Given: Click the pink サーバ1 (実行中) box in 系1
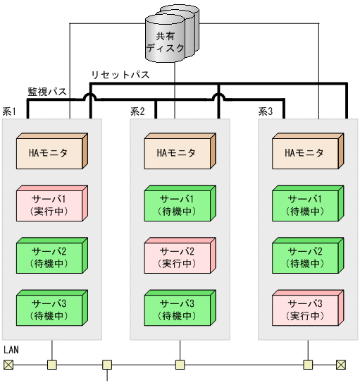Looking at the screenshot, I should pyautogui.click(x=51, y=204).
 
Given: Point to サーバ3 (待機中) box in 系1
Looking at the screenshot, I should pyautogui.click(x=51, y=308).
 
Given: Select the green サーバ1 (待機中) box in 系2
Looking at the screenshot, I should pyautogui.click(x=179, y=204).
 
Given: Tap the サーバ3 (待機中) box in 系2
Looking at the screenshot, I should pyautogui.click(x=179, y=308).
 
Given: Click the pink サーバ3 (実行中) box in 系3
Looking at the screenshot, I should pyautogui.click(x=306, y=308).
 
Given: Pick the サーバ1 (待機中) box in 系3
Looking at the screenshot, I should pyautogui.click(x=306, y=204).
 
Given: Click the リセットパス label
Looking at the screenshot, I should pyautogui.click(x=120, y=75).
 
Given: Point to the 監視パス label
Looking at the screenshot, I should pyautogui.click(x=47, y=92).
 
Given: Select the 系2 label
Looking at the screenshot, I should pyautogui.click(x=137, y=111).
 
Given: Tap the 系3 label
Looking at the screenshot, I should pyautogui.click(x=265, y=111).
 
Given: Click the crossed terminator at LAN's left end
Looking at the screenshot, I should pyautogui.click(x=8, y=365).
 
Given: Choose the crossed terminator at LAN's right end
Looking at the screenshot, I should pyautogui.click(x=341, y=365).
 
